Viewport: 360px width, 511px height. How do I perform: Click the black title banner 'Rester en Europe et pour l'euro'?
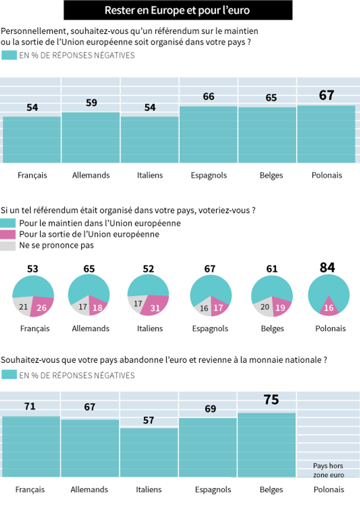click(x=178, y=10)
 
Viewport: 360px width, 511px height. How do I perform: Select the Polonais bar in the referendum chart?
click(x=326, y=134)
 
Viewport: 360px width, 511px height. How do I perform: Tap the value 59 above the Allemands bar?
click(x=91, y=103)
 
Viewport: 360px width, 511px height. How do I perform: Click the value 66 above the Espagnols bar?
click(x=209, y=96)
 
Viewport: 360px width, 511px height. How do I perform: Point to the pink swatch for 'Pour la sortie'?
click(x=8, y=234)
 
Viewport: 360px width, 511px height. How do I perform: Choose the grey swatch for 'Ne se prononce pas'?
click(x=8, y=246)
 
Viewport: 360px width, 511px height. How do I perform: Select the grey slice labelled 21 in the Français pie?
click(x=22, y=306)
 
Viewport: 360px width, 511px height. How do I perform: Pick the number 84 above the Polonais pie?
click(x=327, y=268)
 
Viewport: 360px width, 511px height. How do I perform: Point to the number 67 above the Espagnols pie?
click(x=210, y=269)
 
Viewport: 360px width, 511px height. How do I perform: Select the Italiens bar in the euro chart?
click(x=149, y=452)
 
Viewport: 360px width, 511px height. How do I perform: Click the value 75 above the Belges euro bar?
click(x=271, y=400)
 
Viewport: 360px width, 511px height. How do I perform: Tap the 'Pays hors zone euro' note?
click(x=329, y=470)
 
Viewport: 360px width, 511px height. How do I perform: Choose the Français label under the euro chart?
click(x=30, y=490)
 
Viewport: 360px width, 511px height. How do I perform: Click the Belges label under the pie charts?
click(x=272, y=328)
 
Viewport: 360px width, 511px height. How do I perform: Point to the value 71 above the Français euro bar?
click(x=30, y=406)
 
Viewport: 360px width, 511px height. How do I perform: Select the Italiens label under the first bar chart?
click(x=150, y=175)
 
